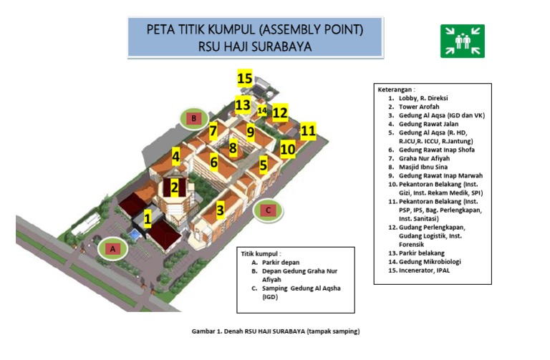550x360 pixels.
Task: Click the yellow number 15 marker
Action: click(x=245, y=78)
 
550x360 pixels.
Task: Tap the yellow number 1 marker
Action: click(x=148, y=218)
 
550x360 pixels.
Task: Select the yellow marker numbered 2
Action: click(x=174, y=188)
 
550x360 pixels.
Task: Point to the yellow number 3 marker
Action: click(x=221, y=210)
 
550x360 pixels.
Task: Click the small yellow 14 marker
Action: click(x=262, y=111)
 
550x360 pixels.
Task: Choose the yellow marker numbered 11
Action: click(x=308, y=130)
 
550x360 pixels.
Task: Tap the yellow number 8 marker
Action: click(x=233, y=148)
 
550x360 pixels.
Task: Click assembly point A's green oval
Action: click(x=112, y=248)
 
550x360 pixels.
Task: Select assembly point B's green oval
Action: click(x=193, y=117)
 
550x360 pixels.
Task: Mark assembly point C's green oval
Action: click(x=267, y=210)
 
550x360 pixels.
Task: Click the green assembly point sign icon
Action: click(x=462, y=41)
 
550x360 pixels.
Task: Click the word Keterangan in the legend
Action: click(x=396, y=89)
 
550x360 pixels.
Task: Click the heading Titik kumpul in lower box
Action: click(x=261, y=253)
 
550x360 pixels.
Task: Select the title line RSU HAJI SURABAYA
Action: click(x=255, y=46)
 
